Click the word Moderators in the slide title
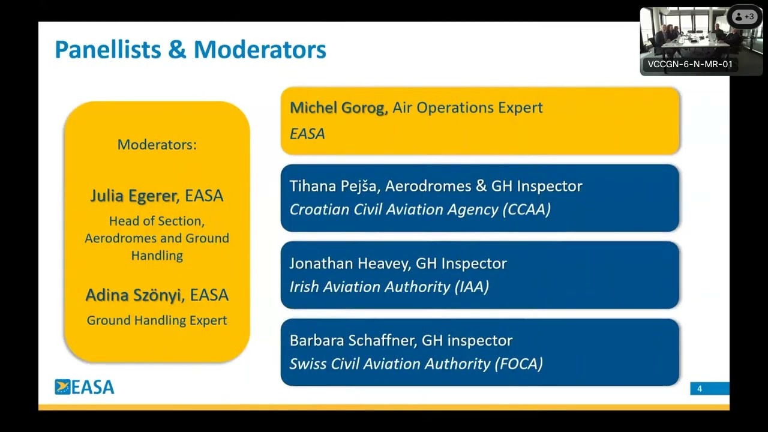(260, 49)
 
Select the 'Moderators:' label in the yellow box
(157, 145)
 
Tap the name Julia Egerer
(133, 196)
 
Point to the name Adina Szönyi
(133, 295)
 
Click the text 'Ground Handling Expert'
(157, 320)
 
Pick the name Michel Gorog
(337, 108)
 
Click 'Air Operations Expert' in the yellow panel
(467, 108)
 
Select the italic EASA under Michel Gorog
(307, 134)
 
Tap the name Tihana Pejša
(333, 186)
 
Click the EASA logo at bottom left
(85, 387)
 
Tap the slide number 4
(699, 389)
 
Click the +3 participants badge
(745, 17)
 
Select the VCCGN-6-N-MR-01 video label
(690, 64)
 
